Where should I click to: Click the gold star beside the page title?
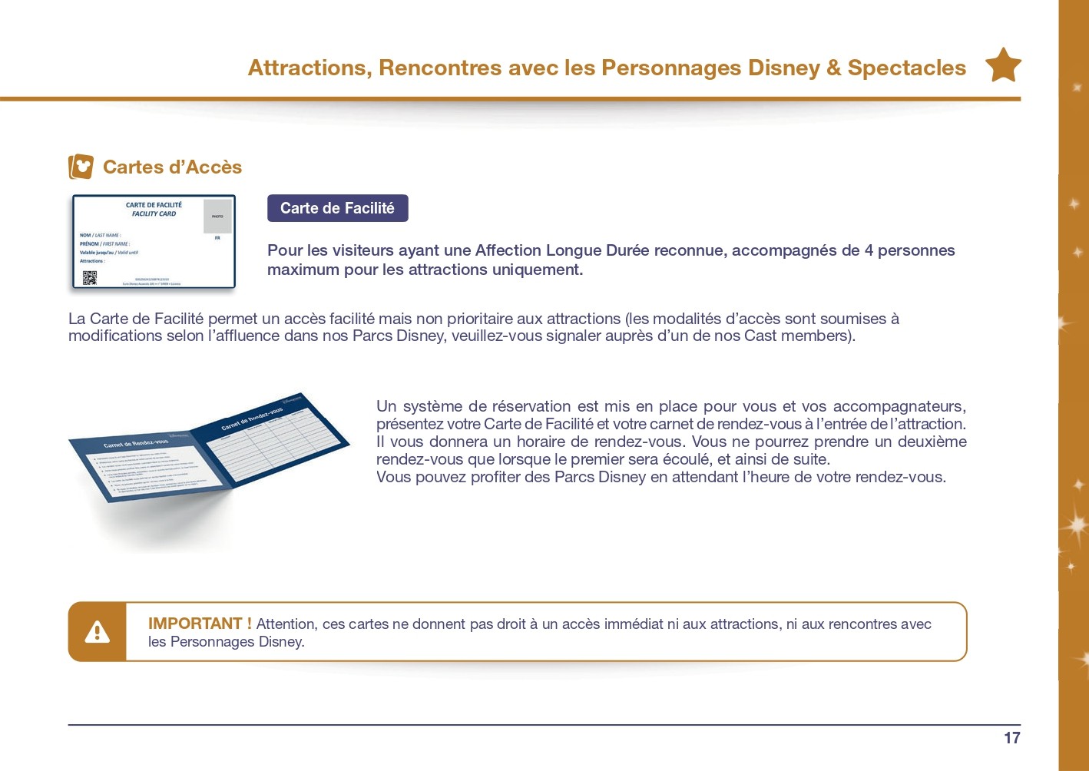pos(1002,66)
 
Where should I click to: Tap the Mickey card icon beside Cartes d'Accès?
pos(81,167)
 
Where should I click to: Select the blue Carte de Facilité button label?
pos(337,208)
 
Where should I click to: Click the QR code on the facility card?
pos(90,277)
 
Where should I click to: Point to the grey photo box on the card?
pos(217,216)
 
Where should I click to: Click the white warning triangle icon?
pos(98,632)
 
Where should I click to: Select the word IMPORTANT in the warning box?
pos(195,624)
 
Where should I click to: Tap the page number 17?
pos(1011,738)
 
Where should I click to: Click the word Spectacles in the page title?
pos(906,68)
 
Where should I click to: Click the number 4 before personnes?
pos(869,250)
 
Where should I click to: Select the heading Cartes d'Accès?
pos(172,167)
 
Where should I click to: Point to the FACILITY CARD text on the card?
pos(154,213)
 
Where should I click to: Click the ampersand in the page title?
pos(834,68)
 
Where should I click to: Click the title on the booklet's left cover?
pos(136,444)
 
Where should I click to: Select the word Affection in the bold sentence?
pos(508,250)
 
